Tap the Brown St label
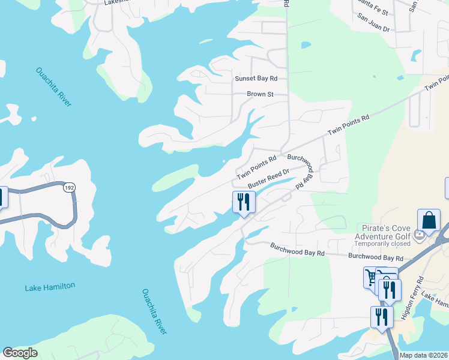pos(260,94)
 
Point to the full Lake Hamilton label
pos(50,287)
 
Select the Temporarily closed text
pos(382,244)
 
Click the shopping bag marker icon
pos(429,220)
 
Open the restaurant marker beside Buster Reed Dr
pos(244,202)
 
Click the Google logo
pos(20,353)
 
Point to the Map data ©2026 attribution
pos(423,355)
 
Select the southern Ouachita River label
pos(155,312)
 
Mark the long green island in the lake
pos(175,178)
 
